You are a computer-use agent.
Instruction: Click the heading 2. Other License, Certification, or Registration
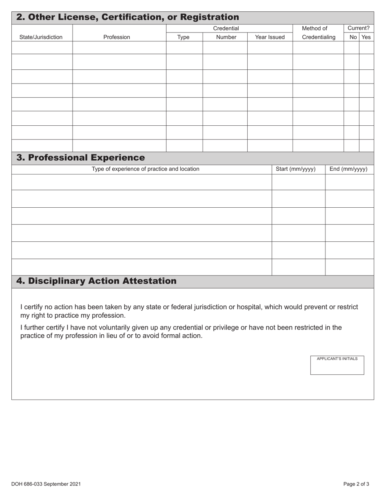tap(128, 17)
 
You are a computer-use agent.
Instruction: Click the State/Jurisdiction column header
tap(41, 37)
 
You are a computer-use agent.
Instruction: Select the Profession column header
tap(117, 37)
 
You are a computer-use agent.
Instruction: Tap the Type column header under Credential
tap(183, 37)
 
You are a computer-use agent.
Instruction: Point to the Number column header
tap(226, 37)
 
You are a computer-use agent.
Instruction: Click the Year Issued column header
tap(269, 37)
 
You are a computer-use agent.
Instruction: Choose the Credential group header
tap(226, 28)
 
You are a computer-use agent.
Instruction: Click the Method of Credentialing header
tap(319, 33)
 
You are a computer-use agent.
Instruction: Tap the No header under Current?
tap(353, 37)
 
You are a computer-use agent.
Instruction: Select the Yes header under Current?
tap(366, 37)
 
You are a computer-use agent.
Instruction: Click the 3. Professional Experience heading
tap(80, 157)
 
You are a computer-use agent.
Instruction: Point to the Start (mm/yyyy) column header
tap(295, 169)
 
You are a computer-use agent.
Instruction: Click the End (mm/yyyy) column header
tap(348, 169)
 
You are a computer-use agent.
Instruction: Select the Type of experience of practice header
tap(145, 169)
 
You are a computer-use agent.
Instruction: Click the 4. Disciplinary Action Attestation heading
tap(96, 281)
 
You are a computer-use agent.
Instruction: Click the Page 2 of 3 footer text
tap(356, 484)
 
